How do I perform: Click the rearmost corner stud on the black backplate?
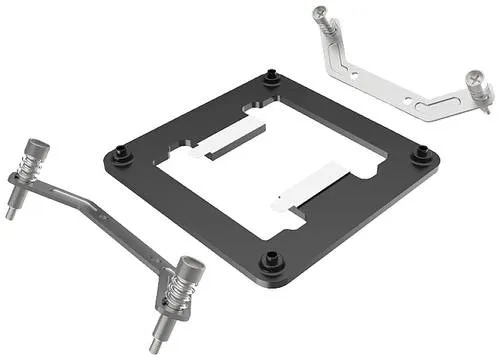coord(271,75)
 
